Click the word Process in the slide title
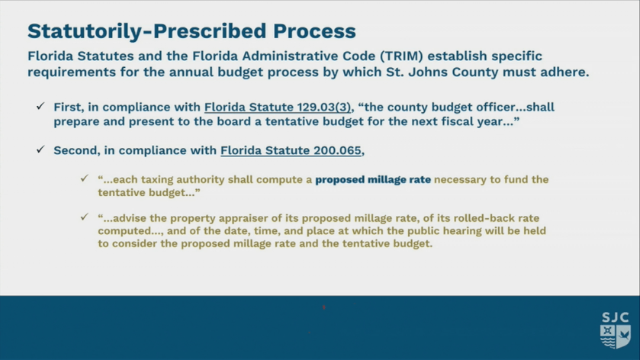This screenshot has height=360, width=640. coord(314,31)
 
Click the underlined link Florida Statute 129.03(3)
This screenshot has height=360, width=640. coord(278,108)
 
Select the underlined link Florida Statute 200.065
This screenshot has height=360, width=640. coord(291,150)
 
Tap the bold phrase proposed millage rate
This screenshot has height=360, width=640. coord(373,179)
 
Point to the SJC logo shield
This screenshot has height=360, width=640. coord(615,336)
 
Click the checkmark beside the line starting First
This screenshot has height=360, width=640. coord(40,106)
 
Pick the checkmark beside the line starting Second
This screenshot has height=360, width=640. coord(40,149)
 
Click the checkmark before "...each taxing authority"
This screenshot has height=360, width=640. coord(85,178)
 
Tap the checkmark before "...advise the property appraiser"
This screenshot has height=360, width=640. coord(85,217)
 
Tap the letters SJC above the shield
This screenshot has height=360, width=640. coord(615,317)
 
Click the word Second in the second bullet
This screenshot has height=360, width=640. coord(77,150)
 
